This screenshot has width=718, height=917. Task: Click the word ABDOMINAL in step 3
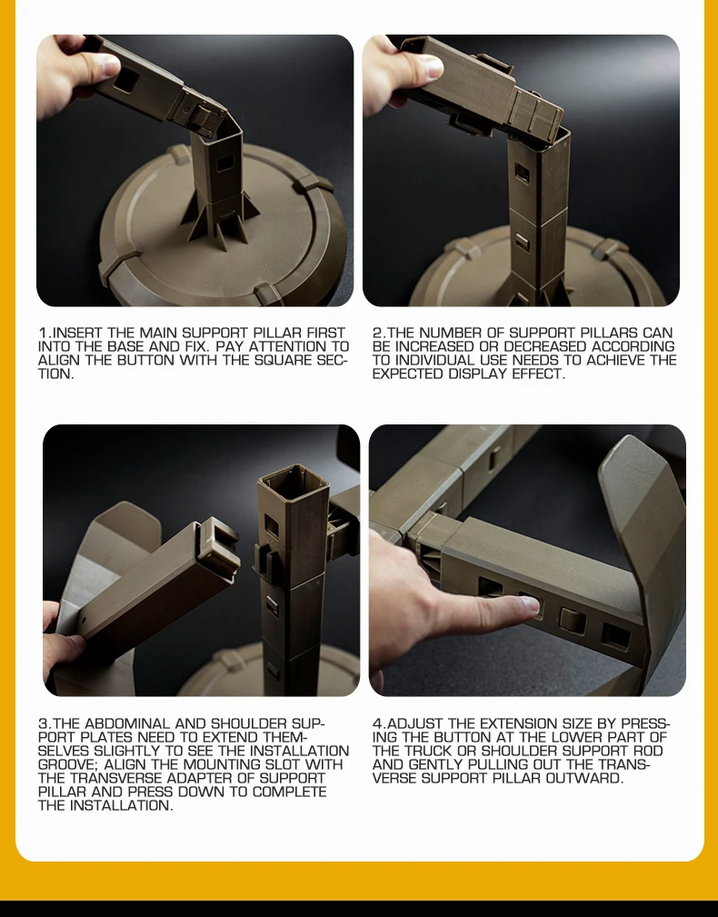(x=131, y=724)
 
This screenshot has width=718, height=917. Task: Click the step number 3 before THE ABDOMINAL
(x=42, y=724)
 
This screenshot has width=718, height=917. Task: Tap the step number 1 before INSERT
(x=42, y=334)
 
